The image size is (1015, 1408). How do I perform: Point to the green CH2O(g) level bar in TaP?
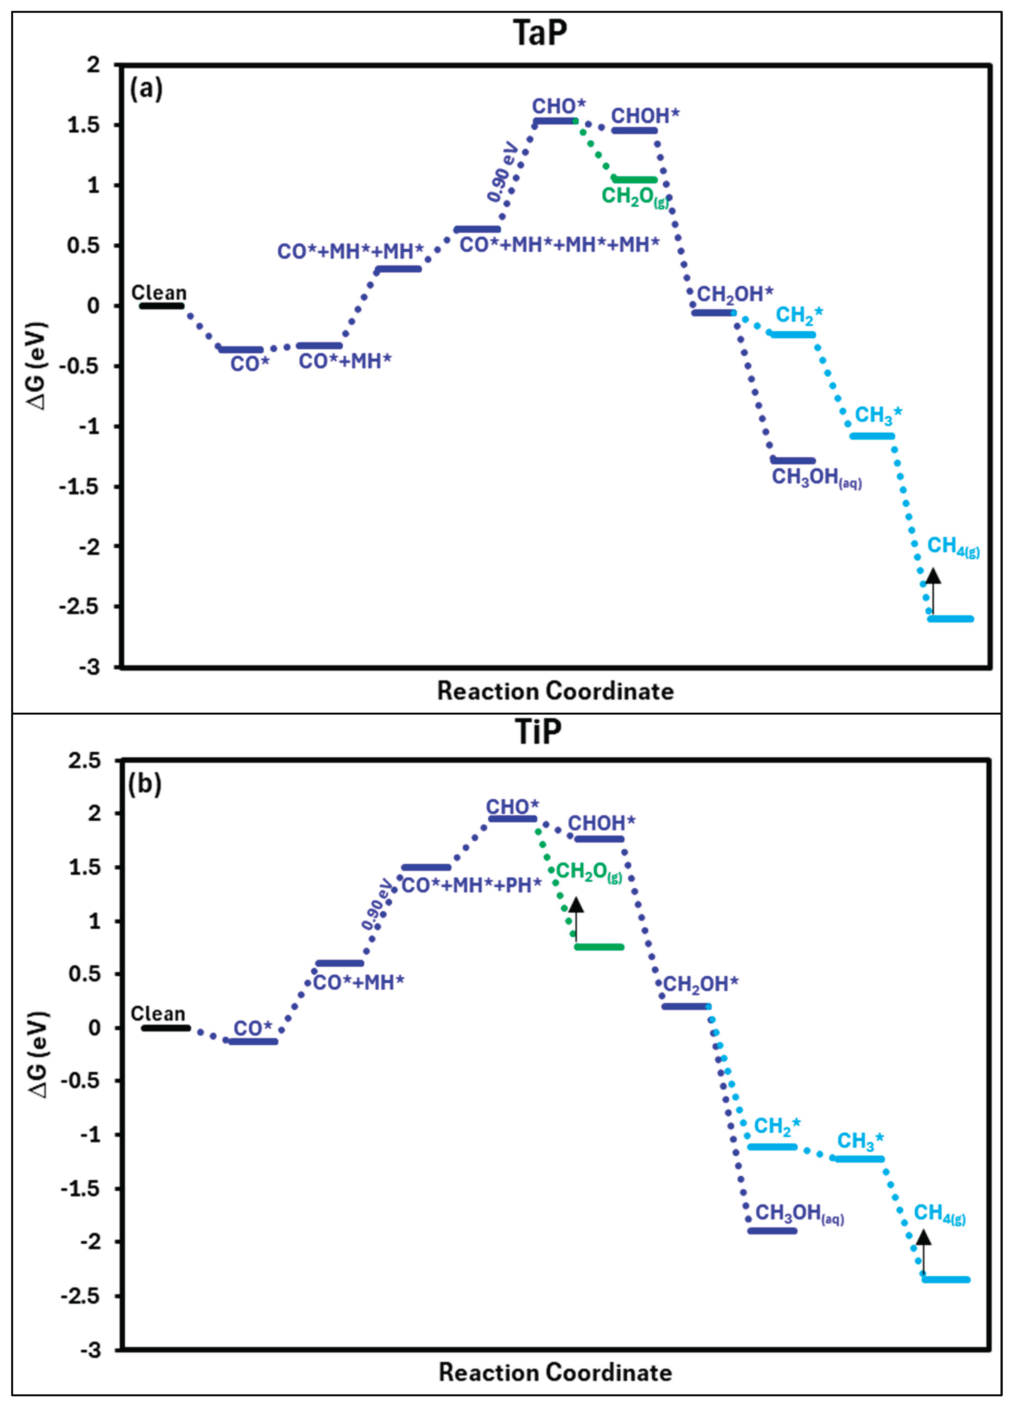click(634, 179)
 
